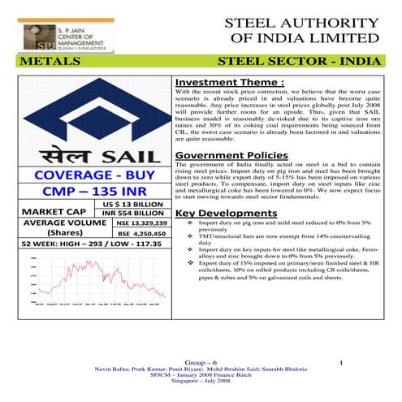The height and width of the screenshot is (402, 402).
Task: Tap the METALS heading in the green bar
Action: tap(46, 62)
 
